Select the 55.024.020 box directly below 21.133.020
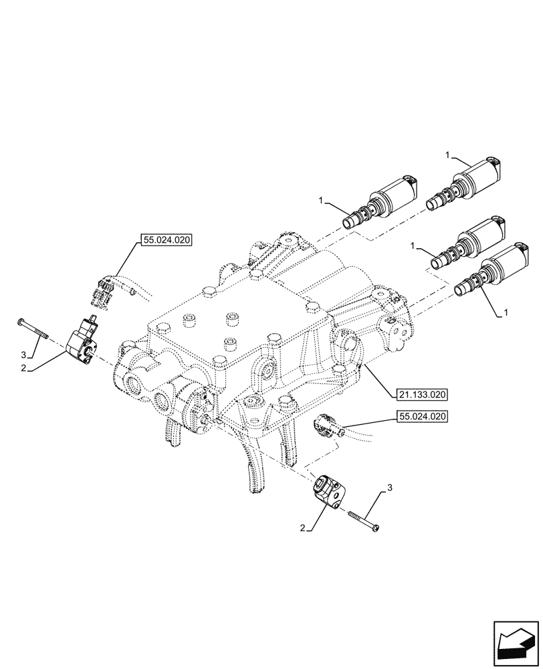(422, 415)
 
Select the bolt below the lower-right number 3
(364, 522)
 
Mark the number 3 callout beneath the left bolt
(23, 353)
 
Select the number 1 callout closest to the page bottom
(506, 312)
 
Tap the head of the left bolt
(22, 322)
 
